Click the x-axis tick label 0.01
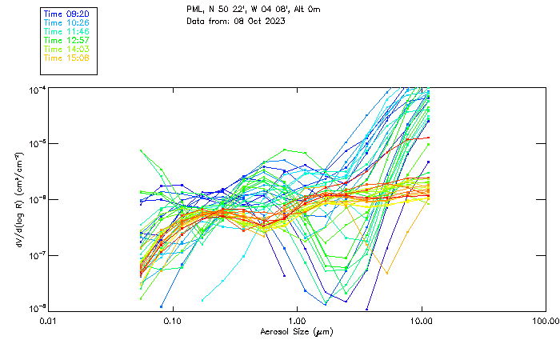48,320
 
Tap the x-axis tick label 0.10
172,320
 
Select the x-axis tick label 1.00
297,320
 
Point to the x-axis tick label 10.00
421,320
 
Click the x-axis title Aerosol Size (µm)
296,331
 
